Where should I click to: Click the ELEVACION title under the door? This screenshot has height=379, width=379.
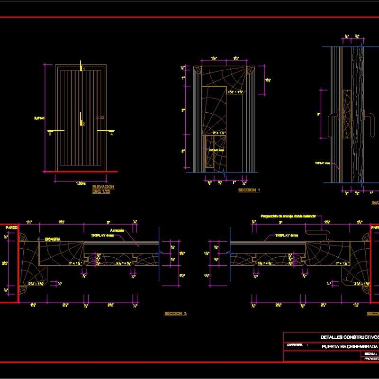[103, 187]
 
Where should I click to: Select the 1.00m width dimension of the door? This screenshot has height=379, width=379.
[81, 183]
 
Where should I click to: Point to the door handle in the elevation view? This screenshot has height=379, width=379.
[100, 117]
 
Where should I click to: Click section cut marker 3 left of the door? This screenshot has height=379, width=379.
[49, 134]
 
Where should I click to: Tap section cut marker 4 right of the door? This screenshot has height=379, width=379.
[112, 134]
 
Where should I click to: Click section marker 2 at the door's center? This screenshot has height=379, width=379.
[83, 124]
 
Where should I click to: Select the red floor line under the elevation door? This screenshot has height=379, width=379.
[81, 171]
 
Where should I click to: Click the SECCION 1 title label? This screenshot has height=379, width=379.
[249, 189]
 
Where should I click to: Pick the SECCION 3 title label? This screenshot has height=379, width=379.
[175, 314]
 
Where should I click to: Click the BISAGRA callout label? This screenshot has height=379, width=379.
[53, 240]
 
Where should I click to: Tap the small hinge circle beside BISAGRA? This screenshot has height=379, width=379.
[39, 240]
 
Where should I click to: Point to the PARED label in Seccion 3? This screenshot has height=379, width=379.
[11, 228]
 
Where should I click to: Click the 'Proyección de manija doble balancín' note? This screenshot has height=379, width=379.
[288, 216]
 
